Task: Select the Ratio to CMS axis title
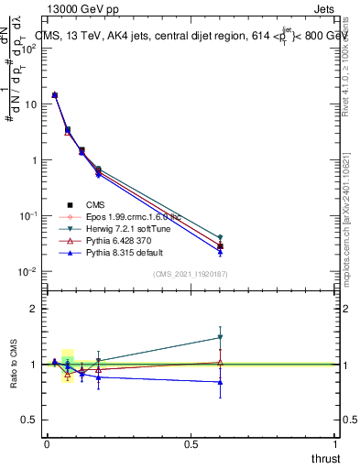pyautogui.click(x=14, y=364)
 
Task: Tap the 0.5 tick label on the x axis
pyautogui.click(x=191, y=444)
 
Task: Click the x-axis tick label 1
pyautogui.click(x=335, y=444)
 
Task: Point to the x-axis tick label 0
pyautogui.click(x=47, y=444)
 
